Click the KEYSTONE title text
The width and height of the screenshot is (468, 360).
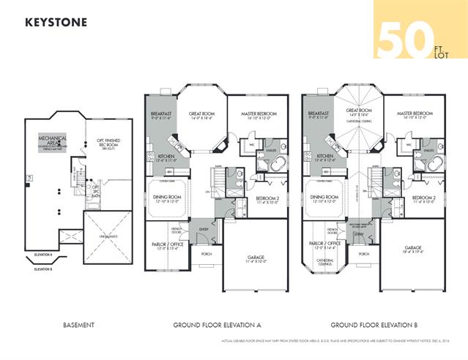(56, 22)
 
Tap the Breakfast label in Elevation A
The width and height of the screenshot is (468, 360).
(160, 115)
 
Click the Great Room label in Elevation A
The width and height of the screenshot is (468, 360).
(201, 115)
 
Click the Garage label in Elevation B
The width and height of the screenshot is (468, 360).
(412, 249)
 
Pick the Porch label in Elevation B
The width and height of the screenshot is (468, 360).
(363, 253)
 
